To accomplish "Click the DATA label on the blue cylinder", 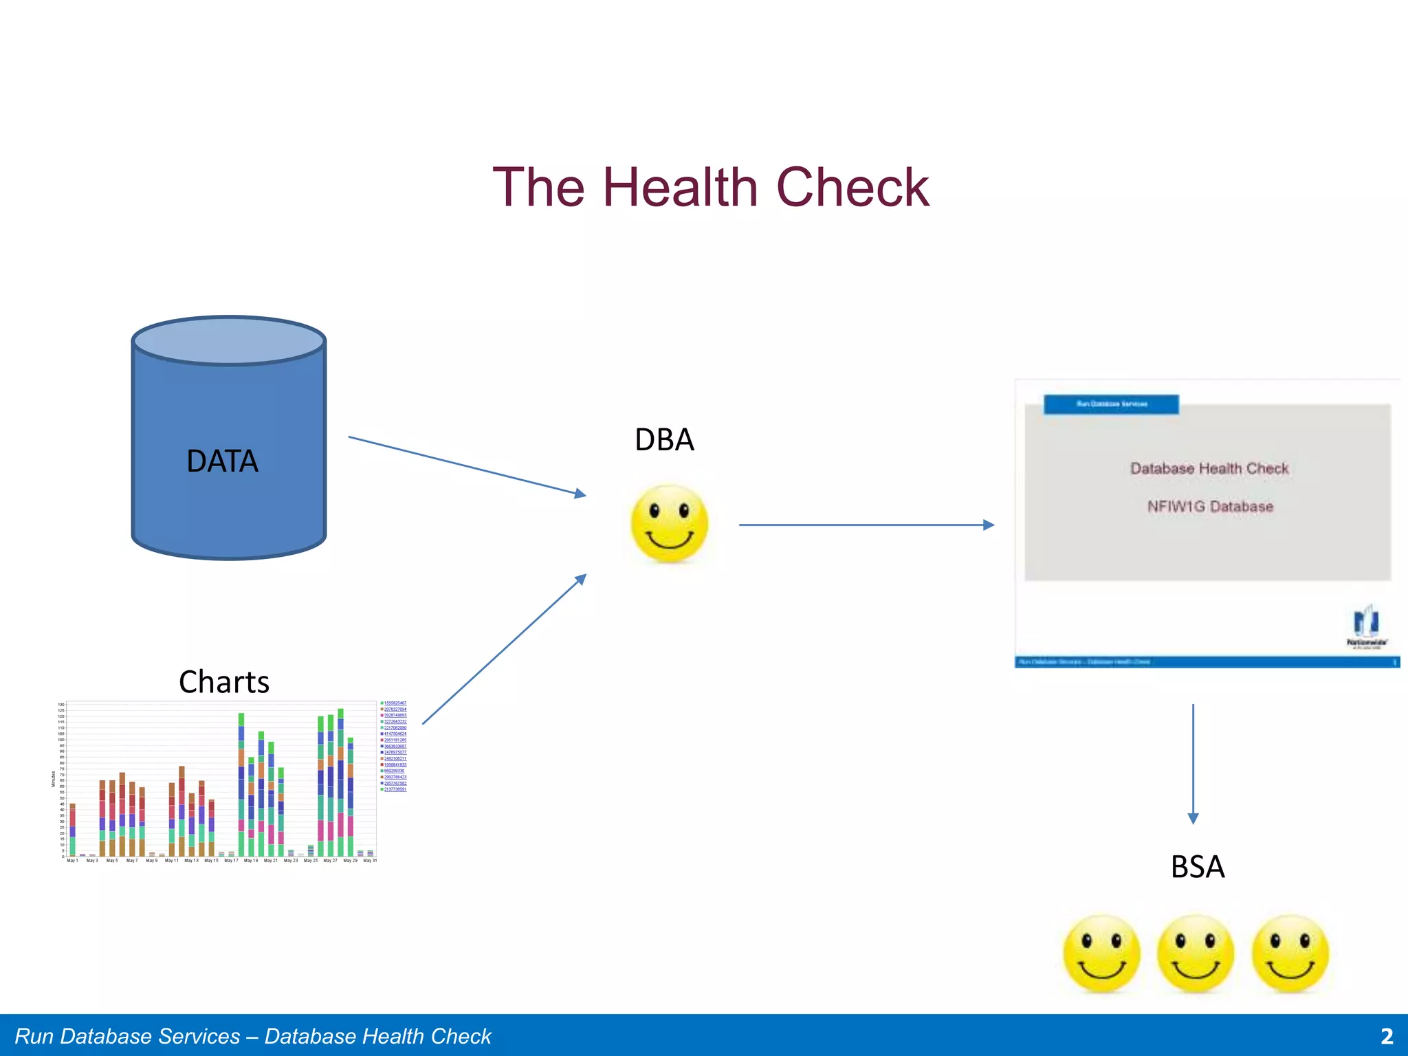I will [x=222, y=461].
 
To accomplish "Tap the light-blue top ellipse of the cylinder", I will [x=228, y=341].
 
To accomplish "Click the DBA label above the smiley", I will [x=664, y=440].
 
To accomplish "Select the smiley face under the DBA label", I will [x=669, y=525].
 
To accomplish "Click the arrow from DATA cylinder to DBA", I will [x=467, y=465].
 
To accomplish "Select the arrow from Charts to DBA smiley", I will [x=504, y=649].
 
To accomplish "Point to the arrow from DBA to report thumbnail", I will [x=866, y=525].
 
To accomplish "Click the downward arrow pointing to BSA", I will [x=1193, y=763].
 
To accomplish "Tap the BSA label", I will [x=1197, y=867].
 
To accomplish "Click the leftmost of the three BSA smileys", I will [x=1101, y=954].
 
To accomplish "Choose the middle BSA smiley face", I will [x=1196, y=954].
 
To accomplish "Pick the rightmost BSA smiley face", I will [x=1290, y=954].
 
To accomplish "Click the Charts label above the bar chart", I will [x=223, y=682].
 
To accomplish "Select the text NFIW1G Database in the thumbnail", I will [x=1210, y=507].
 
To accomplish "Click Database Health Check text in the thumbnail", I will [x=1209, y=469].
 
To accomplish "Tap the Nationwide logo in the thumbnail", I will [x=1366, y=626].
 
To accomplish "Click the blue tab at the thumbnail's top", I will [x=1111, y=404].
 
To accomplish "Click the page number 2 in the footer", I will [x=1387, y=1036].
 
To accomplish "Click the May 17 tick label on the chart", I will [x=231, y=861].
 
